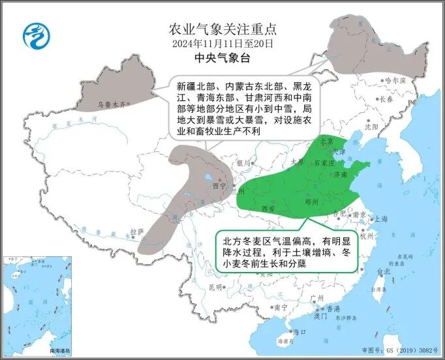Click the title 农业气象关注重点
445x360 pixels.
tap(223, 29)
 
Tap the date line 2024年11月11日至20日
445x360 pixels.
tap(223, 44)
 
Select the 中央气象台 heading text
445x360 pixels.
tap(223, 58)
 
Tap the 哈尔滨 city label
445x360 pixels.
tap(395, 80)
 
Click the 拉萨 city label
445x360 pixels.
tap(136, 231)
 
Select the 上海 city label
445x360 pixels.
tap(381, 219)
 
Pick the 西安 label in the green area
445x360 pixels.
tap(268, 209)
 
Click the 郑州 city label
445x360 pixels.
tap(312, 203)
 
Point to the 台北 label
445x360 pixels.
tap(382, 271)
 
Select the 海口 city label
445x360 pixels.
tap(299, 331)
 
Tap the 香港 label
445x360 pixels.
tap(333, 307)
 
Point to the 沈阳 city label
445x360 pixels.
tap(371, 128)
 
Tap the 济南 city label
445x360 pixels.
tap(340, 175)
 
